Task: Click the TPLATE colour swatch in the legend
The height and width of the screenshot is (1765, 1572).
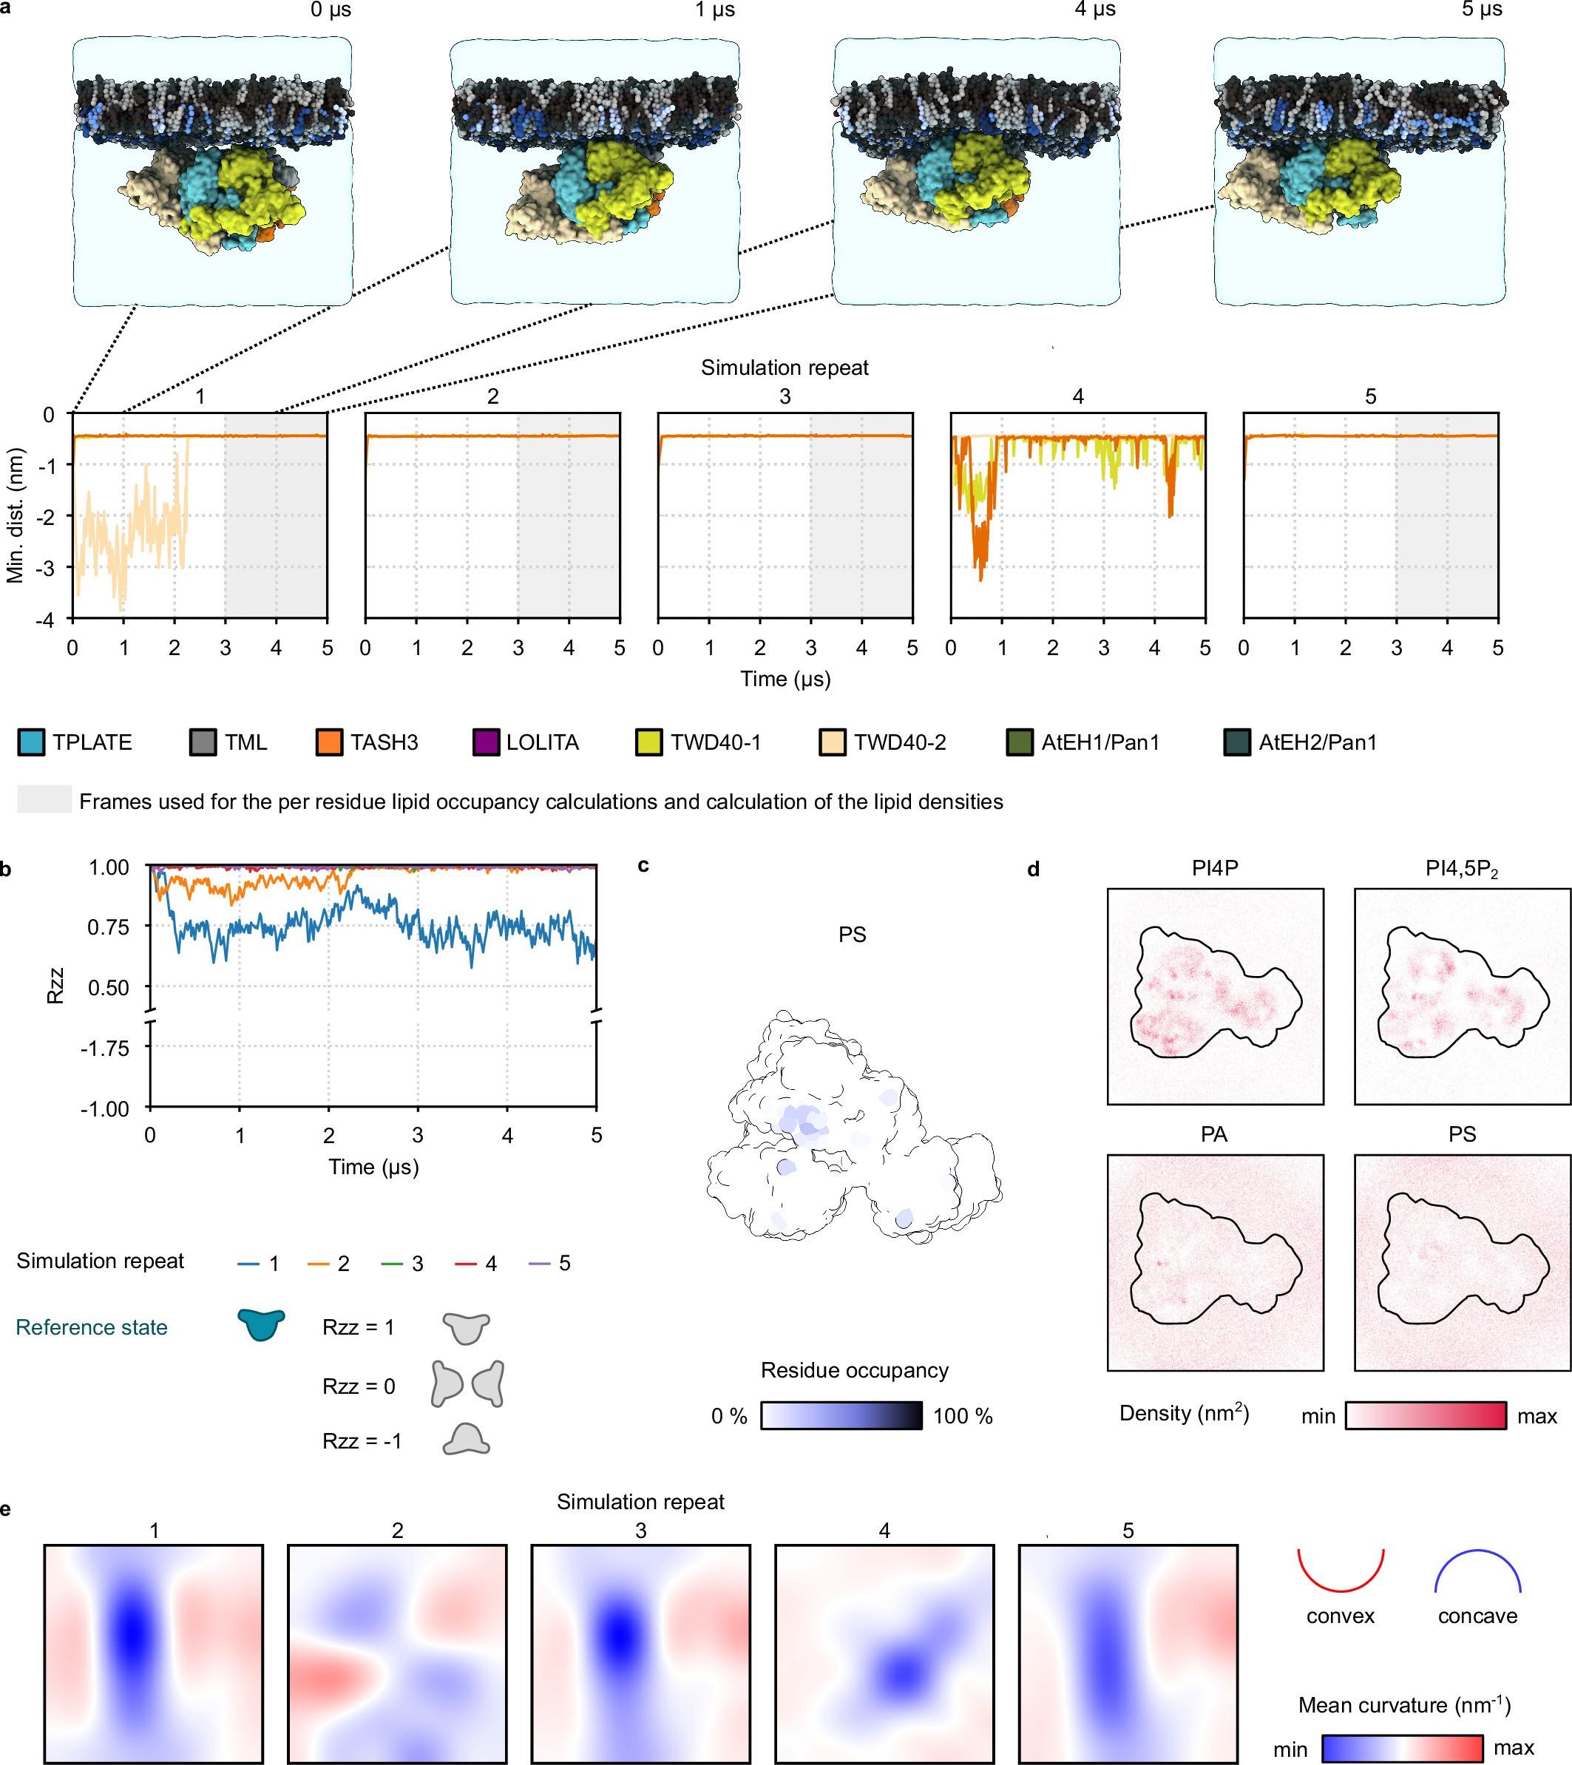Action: [x=31, y=743]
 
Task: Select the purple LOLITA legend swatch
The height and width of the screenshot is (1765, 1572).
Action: [x=487, y=743]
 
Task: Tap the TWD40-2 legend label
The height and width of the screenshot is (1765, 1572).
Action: [x=900, y=743]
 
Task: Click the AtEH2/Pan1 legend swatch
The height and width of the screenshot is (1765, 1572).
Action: [x=1237, y=743]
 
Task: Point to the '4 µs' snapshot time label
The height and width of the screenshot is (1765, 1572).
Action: [x=1094, y=10]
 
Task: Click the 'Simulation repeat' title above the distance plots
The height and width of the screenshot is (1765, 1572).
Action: [x=785, y=368]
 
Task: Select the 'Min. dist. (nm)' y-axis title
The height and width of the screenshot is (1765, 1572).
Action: [x=15, y=516]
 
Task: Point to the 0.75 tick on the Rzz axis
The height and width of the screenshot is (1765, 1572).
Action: [x=108, y=927]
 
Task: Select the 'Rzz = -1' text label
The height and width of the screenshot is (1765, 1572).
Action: [x=362, y=1441]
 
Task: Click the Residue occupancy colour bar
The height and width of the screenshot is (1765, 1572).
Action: [x=841, y=1416]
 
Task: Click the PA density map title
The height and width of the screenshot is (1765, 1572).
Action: [x=1213, y=1134]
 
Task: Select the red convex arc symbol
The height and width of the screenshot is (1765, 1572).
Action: [x=1341, y=1570]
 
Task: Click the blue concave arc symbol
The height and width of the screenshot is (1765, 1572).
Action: [x=1477, y=1570]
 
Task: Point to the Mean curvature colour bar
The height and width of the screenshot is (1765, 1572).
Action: [x=1402, y=1749]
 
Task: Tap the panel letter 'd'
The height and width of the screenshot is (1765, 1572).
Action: [x=1033, y=870]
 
